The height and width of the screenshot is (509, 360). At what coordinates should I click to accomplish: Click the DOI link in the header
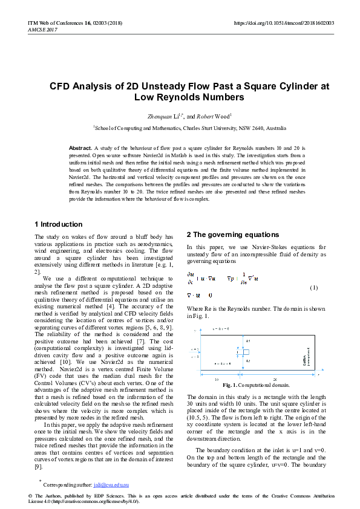(284, 23)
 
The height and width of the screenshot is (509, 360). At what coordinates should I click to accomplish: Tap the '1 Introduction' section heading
(59, 224)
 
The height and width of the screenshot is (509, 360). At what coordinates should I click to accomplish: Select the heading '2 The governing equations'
(233, 235)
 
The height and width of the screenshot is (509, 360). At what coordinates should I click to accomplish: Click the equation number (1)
(313, 287)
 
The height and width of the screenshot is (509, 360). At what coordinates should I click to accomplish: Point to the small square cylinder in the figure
(246, 351)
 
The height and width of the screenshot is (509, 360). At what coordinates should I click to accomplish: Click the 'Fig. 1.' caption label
(231, 385)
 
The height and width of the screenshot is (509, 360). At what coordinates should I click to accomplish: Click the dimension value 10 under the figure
(217, 378)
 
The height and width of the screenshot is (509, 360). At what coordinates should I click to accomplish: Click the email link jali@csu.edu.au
(111, 485)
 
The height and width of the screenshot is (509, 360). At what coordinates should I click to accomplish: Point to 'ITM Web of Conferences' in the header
(51, 23)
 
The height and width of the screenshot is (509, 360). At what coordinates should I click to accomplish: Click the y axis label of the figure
(195, 331)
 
